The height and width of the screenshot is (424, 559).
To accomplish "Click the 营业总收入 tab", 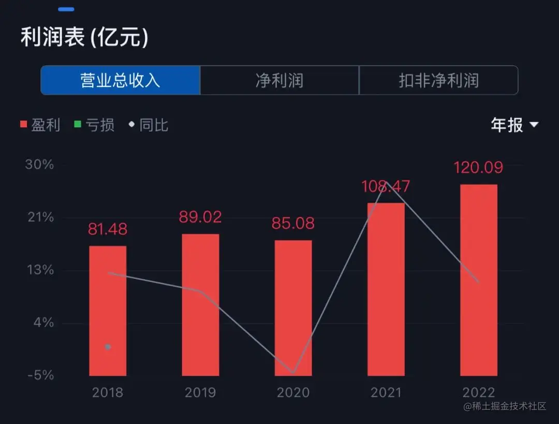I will [x=120, y=80].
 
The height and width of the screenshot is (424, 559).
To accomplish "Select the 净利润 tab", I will [x=279, y=80].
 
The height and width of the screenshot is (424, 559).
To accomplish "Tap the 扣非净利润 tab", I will [x=438, y=80].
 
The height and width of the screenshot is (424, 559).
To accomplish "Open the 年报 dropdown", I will [x=514, y=125].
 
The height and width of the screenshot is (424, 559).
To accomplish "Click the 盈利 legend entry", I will [x=40, y=125].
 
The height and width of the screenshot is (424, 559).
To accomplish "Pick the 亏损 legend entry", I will [x=94, y=125].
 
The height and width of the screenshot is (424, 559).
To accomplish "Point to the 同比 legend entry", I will [x=149, y=125].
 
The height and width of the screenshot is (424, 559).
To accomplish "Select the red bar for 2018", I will [x=108, y=311].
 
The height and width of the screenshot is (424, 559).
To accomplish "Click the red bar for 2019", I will [x=200, y=305].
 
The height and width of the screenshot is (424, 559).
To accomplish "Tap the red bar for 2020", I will [x=293, y=308].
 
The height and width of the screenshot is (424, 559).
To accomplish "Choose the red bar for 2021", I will [x=386, y=289].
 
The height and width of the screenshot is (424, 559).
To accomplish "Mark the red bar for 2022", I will [x=479, y=280].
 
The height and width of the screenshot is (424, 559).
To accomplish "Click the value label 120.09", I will [x=478, y=168].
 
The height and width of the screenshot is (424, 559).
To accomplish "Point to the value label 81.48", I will [x=108, y=229].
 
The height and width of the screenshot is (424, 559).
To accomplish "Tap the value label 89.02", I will [x=200, y=217].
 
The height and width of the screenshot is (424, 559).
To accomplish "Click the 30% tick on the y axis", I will [x=40, y=165].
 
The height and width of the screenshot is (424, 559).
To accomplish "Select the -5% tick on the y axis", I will [x=40, y=375].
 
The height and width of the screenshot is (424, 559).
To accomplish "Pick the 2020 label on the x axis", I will [x=293, y=392].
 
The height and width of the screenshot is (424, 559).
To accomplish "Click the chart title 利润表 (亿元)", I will [x=84, y=38].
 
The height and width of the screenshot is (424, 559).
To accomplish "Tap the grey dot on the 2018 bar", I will [x=108, y=347].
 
